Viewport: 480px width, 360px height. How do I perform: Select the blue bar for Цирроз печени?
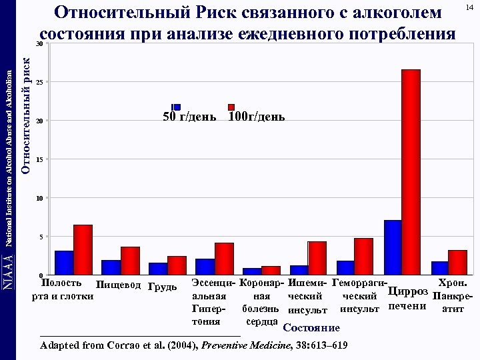393,247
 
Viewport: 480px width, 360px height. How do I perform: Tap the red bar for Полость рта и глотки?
83,249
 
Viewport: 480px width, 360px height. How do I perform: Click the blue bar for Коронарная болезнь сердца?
252,271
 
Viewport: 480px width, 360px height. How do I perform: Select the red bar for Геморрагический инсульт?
364,256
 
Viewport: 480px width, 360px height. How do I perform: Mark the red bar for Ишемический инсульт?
317,257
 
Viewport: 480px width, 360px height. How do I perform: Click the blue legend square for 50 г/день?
177,107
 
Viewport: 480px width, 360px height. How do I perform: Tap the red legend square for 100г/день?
231,107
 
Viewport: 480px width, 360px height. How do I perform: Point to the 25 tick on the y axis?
39,82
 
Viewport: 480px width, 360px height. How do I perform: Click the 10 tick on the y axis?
39,199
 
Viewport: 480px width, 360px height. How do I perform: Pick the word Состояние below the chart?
311,328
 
